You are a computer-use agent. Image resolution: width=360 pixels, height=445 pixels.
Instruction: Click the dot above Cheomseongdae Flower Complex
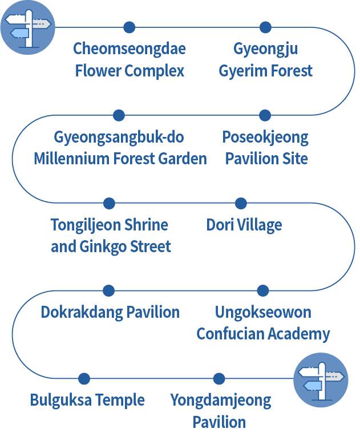pos(130,27)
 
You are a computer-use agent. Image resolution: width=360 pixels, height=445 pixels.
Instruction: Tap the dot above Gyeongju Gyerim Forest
pos(265,27)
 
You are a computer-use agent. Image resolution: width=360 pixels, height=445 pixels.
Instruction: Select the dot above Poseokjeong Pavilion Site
pos(265,115)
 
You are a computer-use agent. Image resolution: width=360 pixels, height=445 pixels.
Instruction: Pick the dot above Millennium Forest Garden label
pos(119,115)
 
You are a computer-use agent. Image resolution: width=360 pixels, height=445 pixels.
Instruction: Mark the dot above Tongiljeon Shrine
pos(109,203)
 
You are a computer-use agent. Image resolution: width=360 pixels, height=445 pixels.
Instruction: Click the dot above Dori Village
pos(241,203)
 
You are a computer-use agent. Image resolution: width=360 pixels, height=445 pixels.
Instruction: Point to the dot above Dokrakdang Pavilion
pos(108,290)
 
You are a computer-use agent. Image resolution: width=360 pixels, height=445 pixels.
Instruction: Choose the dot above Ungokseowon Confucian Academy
pos(262,290)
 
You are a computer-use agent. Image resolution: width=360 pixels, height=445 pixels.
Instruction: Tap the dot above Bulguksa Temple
pos(84,378)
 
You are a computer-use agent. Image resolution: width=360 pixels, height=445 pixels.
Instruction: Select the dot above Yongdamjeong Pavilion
pos(219,378)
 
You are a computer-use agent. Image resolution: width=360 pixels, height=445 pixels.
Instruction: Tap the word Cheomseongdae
pos(130,48)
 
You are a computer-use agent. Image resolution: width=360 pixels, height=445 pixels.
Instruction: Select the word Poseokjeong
pos(265,137)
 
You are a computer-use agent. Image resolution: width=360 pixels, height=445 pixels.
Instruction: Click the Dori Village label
pos(244,225)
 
